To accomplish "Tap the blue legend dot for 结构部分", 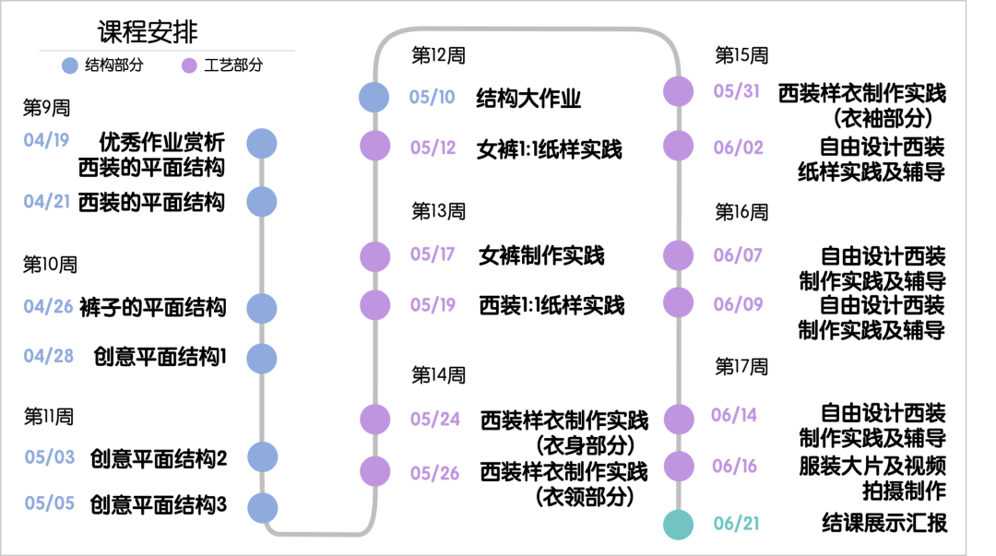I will coord(70,65).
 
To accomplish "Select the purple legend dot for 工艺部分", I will coord(190,65).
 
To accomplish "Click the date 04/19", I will coord(47,141).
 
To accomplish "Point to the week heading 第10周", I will coord(50,266).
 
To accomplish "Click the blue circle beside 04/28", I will coord(262,358).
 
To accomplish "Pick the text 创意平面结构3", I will coord(158,505).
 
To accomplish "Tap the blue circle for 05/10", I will coord(373,97).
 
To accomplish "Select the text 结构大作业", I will coord(528,98).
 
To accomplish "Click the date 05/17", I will coord(433,254).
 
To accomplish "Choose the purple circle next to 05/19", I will coord(374,305).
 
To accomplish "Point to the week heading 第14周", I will coord(438,375).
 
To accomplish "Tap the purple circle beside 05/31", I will coord(678,92).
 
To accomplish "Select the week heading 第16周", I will coord(741,213).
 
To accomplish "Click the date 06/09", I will coord(737,304).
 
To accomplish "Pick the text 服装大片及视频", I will coord(871,467).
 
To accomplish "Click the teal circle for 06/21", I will coord(678,524).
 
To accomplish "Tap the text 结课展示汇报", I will coord(883,524).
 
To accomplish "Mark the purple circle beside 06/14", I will coord(678,419).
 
